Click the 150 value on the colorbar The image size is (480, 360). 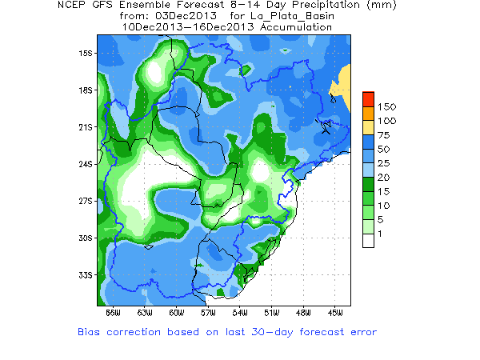[x=387, y=106]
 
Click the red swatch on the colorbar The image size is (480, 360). [x=368, y=99]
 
